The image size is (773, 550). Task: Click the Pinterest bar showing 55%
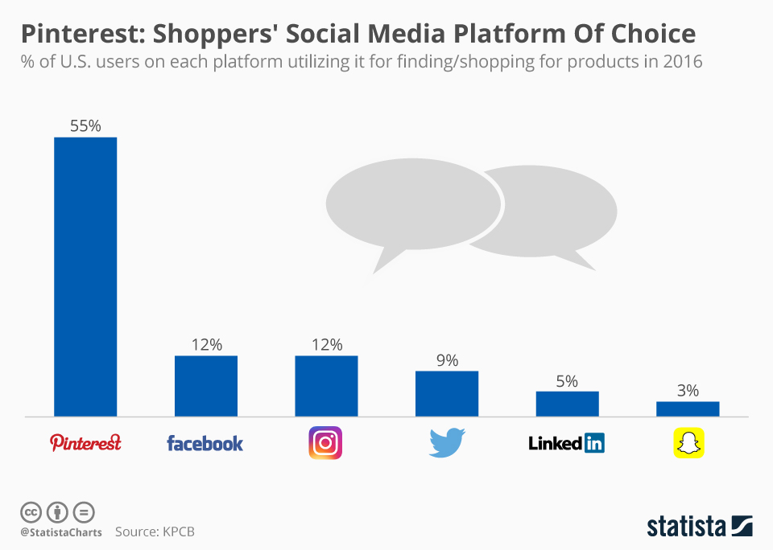click(x=85, y=277)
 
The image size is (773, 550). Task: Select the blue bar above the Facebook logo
click(x=206, y=386)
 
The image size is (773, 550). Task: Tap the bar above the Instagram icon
click(x=326, y=386)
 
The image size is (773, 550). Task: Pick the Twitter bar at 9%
click(x=447, y=393)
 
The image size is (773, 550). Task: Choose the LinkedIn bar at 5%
click(x=567, y=404)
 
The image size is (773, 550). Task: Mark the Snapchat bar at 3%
click(x=688, y=408)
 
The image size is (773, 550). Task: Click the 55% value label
click(x=85, y=125)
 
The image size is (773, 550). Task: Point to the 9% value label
click(x=447, y=360)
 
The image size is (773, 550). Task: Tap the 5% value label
click(x=567, y=380)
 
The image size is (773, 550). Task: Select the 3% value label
click(x=688, y=391)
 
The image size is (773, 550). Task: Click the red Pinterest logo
click(x=85, y=442)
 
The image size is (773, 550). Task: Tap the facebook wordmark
click(x=205, y=443)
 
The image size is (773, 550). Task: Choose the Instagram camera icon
click(x=325, y=443)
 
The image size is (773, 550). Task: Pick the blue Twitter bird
click(x=447, y=443)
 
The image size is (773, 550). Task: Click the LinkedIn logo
click(x=566, y=442)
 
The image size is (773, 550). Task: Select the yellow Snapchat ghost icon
click(x=688, y=443)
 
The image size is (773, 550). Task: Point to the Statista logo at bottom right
click(x=699, y=527)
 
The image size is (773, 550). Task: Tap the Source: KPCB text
click(x=155, y=532)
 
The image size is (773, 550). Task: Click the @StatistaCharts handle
click(x=61, y=532)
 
